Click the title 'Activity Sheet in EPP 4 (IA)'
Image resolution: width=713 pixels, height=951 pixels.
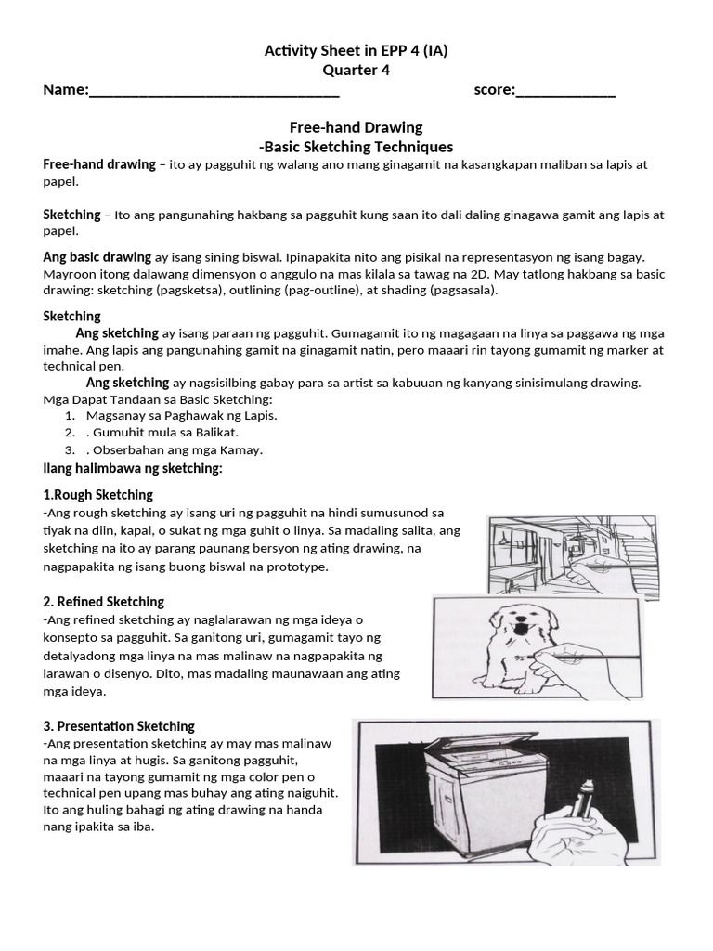(x=356, y=51)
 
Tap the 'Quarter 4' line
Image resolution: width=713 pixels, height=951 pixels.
(x=356, y=71)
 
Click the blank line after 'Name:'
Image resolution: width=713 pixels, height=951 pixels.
(x=214, y=91)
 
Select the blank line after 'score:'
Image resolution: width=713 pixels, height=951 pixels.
(x=565, y=91)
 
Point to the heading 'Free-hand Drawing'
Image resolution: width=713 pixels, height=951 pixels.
(x=356, y=127)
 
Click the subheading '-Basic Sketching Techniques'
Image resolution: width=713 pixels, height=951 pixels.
(x=356, y=147)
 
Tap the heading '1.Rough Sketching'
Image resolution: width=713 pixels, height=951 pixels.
(x=98, y=494)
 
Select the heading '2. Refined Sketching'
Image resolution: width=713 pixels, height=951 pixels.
(x=104, y=601)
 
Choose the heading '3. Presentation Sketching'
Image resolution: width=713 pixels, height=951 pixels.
(x=119, y=725)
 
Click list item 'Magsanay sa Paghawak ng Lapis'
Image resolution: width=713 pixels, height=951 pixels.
(x=182, y=415)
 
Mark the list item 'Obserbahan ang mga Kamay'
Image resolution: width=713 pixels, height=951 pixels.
(x=176, y=449)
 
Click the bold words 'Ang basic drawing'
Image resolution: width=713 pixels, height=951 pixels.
(x=97, y=256)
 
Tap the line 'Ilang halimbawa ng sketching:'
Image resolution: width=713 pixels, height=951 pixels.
(x=133, y=467)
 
